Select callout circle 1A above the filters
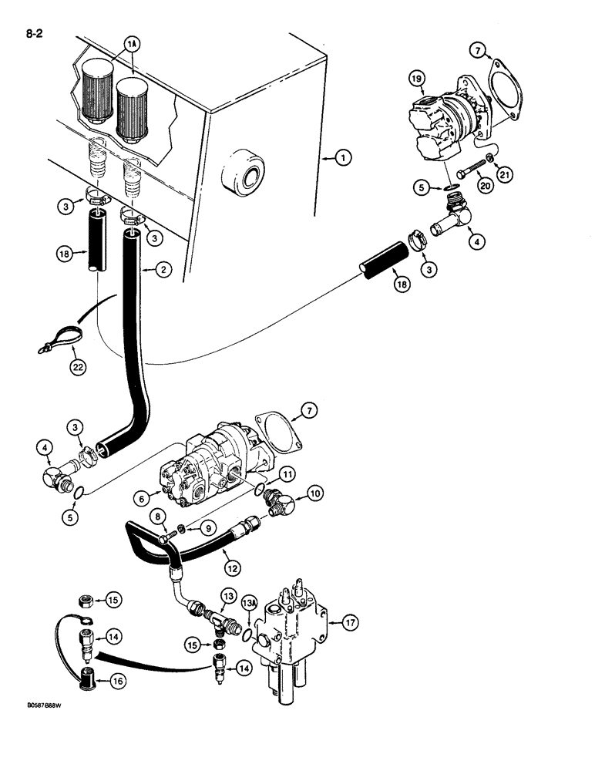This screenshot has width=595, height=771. [x=133, y=46]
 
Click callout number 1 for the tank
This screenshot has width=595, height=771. [x=343, y=157]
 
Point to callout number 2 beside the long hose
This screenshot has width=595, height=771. [x=162, y=270]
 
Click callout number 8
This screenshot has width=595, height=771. [x=158, y=516]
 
